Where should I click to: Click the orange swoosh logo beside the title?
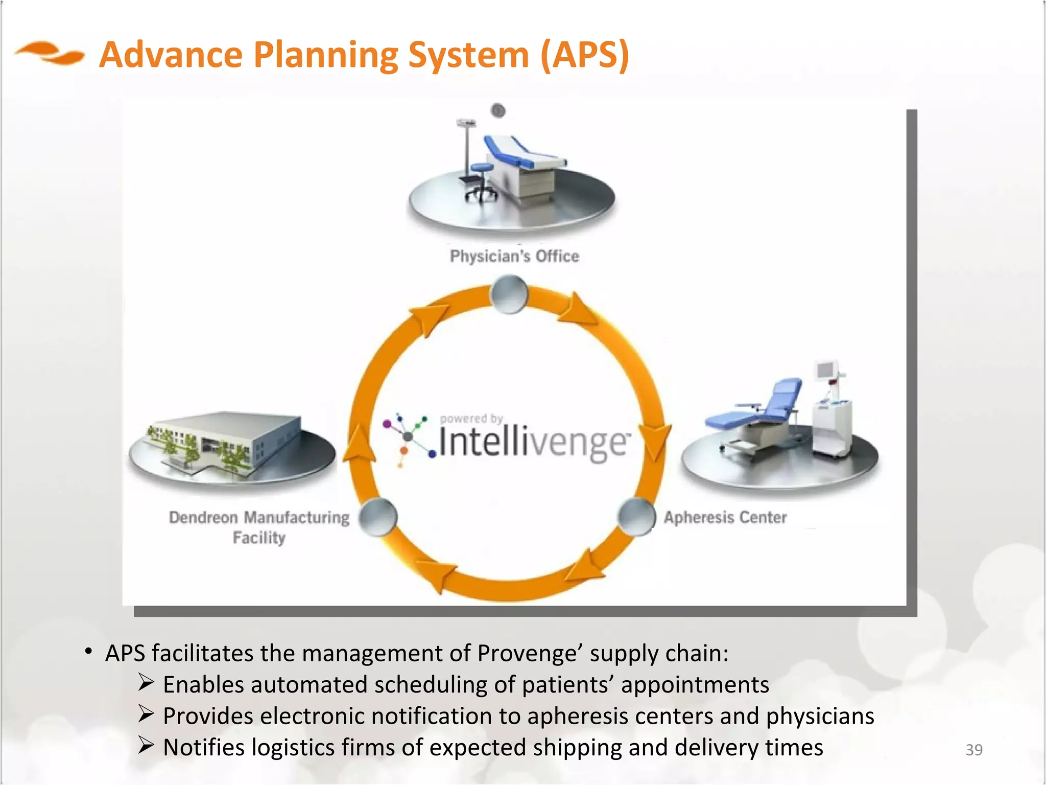tap(50, 54)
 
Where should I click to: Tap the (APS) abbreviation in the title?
tap(584, 55)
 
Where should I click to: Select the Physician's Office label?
tap(514, 256)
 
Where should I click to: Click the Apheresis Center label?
tap(725, 518)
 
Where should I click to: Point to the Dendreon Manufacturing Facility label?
tap(259, 527)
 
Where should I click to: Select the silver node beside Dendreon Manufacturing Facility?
tap(378, 517)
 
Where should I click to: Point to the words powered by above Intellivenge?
tap(471, 419)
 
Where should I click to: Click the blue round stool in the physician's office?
tap(481, 168)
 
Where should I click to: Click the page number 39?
tap(974, 750)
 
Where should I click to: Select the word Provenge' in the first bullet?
tap(530, 654)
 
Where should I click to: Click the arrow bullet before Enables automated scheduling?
tap(146, 683)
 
